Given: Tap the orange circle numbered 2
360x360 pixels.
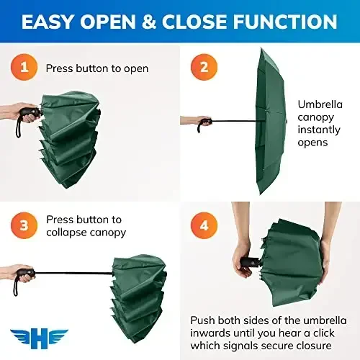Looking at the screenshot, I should click(204, 69).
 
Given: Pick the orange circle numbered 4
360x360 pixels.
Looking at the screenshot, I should click(204, 226).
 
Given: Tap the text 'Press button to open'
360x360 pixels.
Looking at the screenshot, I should click(97, 69).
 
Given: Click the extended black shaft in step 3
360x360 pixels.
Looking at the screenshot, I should click(72, 274).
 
